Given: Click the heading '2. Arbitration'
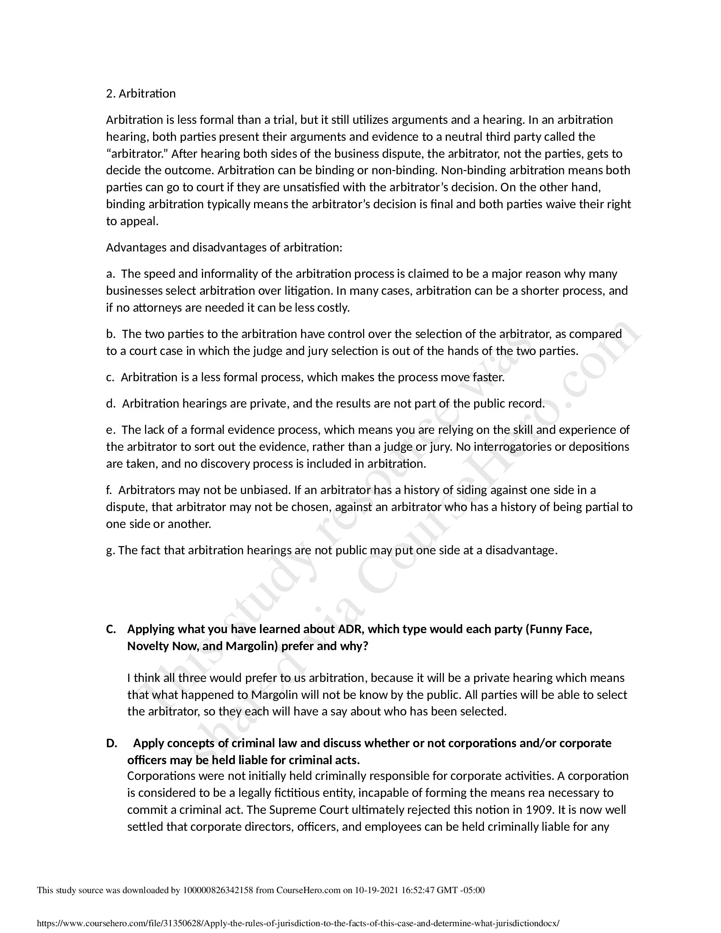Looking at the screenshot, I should click(x=140, y=94).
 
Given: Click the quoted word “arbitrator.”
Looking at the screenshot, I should click(x=137, y=154).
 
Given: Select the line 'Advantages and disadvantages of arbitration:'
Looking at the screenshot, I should click(x=224, y=248).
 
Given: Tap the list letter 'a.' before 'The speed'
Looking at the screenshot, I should click(x=110, y=274).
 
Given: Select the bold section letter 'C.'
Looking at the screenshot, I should click(x=111, y=629).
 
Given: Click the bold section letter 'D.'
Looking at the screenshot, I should click(x=112, y=743).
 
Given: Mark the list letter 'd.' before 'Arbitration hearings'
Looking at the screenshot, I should click(x=111, y=404).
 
